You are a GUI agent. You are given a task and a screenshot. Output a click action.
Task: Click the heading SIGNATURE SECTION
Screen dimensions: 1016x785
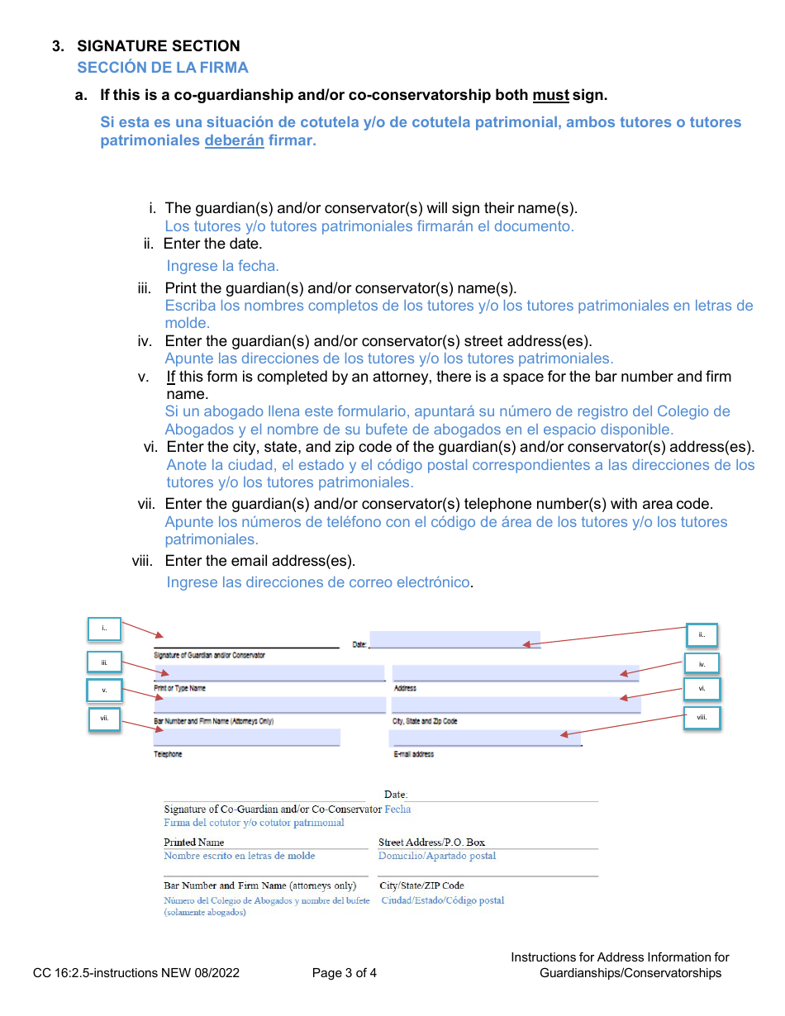[159, 46]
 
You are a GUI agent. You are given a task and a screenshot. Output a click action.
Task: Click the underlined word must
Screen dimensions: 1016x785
[550, 96]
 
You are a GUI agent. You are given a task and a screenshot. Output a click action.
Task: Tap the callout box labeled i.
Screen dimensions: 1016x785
[104, 629]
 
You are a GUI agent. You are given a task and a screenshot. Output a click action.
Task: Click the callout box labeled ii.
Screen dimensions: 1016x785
[702, 634]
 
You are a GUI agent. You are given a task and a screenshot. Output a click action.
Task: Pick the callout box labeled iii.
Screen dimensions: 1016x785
[104, 662]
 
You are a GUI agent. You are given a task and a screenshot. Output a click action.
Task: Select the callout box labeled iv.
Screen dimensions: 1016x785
[702, 663]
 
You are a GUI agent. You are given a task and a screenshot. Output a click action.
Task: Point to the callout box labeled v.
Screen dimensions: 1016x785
[104, 689]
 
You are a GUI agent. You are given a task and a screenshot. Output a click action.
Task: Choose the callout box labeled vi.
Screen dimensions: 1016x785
[702, 688]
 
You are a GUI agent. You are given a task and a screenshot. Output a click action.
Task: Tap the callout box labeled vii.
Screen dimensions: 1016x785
[104, 719]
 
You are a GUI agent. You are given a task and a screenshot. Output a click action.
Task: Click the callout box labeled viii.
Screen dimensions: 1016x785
[702, 717]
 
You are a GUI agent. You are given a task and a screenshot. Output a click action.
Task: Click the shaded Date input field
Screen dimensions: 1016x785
[454, 639]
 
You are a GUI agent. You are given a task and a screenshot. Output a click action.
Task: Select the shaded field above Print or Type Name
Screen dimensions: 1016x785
[269, 673]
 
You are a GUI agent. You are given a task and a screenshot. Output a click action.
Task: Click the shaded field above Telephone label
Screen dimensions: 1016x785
[246, 737]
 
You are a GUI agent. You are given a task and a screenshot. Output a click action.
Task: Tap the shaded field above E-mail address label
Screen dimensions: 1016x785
[484, 738]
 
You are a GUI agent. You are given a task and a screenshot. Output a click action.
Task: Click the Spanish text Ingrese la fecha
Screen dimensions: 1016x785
[223, 266]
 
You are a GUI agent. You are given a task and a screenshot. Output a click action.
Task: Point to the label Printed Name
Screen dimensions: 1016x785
[193, 843]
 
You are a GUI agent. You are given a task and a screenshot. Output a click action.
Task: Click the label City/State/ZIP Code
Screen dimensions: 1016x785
[421, 885]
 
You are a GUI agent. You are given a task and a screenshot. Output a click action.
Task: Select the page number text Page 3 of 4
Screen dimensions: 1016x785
[345, 973]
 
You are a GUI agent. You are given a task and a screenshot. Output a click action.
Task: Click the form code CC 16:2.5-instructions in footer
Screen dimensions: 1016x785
[136, 973]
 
